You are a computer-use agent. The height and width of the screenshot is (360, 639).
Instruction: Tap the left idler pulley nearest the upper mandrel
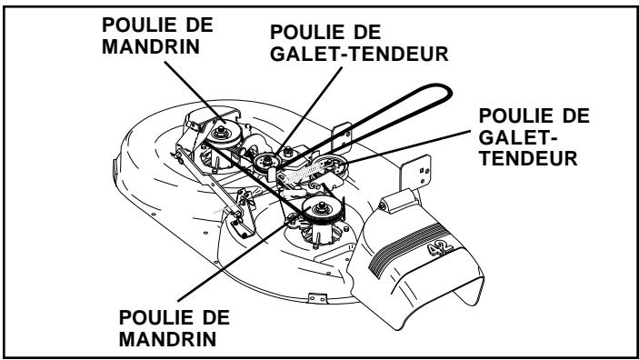[x=267, y=164]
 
